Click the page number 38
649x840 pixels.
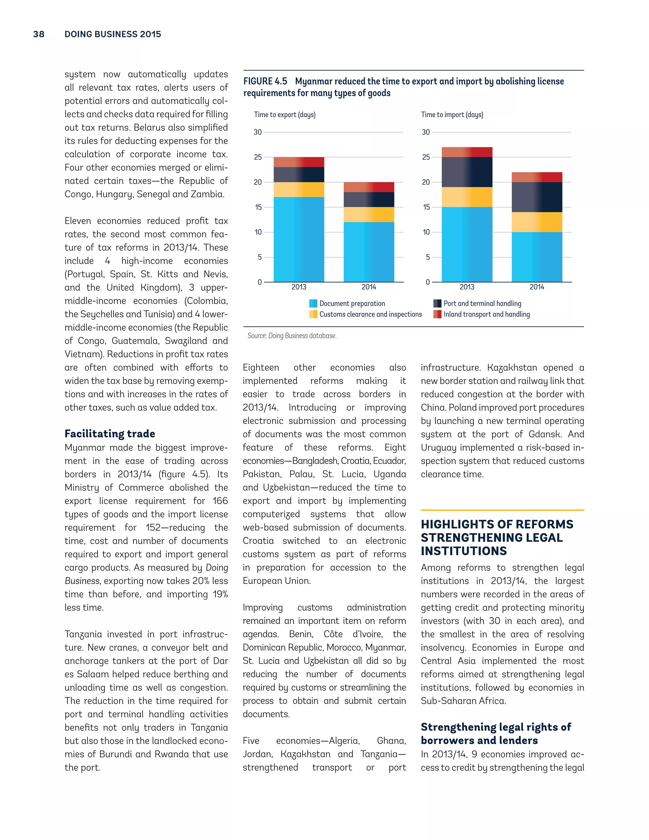pyautogui.click(x=39, y=34)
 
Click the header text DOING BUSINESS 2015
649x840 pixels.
pyautogui.click(x=112, y=34)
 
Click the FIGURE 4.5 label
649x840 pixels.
pyautogui.click(x=265, y=81)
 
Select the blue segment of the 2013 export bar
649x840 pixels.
pyautogui.click(x=299, y=239)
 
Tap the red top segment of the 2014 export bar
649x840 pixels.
pyautogui.click(x=369, y=187)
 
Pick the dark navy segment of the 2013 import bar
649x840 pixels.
pyautogui.click(x=467, y=172)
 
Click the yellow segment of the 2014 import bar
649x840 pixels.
pyautogui.click(x=537, y=222)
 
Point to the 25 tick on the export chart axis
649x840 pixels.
pyautogui.click(x=258, y=157)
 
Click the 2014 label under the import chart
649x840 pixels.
pyautogui.click(x=537, y=287)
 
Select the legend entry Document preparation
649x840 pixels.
pyautogui.click(x=352, y=303)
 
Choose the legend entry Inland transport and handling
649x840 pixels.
pyautogui.click(x=486, y=314)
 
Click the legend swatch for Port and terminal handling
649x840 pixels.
pyautogui.click(x=437, y=303)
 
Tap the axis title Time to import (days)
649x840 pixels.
pyautogui.click(x=452, y=115)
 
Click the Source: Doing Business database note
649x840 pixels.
pyautogui.click(x=292, y=336)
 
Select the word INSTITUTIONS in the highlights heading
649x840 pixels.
pyautogui.click(x=464, y=551)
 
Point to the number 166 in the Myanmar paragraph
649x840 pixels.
pyautogui.click(x=220, y=501)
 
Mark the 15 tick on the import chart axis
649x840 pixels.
pyautogui.click(x=426, y=207)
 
